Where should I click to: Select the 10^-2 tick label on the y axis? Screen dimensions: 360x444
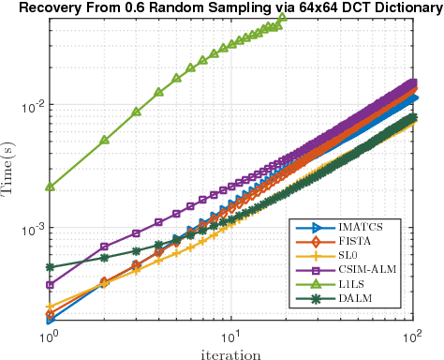29,107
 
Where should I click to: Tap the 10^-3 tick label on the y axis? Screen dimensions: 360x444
29,229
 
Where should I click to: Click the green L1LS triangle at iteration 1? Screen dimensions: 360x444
50,187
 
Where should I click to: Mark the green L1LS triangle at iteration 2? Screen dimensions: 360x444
105,140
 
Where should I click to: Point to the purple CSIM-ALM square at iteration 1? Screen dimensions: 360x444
50,284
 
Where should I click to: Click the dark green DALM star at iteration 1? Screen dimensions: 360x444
50,267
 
